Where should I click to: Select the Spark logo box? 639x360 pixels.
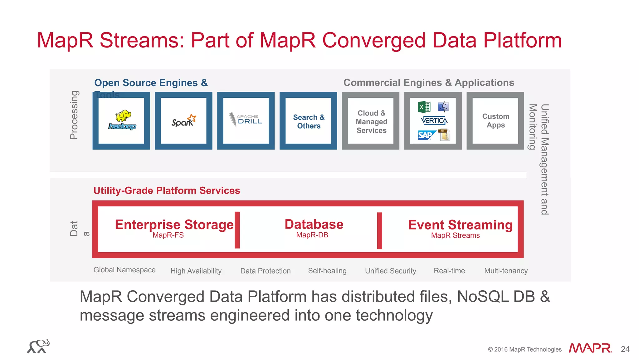click(x=183, y=121)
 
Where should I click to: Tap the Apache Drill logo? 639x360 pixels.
click(x=246, y=120)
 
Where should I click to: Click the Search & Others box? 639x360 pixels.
click(x=308, y=121)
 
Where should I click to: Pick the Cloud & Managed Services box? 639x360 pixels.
click(x=371, y=121)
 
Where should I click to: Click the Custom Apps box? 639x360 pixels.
click(x=495, y=121)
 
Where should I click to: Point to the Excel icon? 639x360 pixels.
click(x=424, y=107)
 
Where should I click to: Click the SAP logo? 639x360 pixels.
click(x=426, y=135)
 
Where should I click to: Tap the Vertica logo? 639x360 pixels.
click(x=434, y=121)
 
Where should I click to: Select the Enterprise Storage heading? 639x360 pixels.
click(x=174, y=224)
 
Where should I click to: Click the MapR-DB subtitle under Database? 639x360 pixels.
click(x=312, y=235)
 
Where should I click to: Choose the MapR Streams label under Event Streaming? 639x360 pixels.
click(x=455, y=235)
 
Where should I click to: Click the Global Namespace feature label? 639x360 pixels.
click(x=124, y=270)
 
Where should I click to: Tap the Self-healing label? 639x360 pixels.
click(x=327, y=271)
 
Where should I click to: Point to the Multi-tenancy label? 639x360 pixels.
click(x=506, y=271)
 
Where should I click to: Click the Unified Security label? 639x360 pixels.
click(x=390, y=271)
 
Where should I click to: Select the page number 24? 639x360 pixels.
click(x=625, y=349)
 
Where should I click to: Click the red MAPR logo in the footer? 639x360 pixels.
click(x=590, y=348)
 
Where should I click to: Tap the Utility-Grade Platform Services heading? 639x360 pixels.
click(x=167, y=190)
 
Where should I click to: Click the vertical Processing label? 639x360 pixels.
click(x=74, y=115)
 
